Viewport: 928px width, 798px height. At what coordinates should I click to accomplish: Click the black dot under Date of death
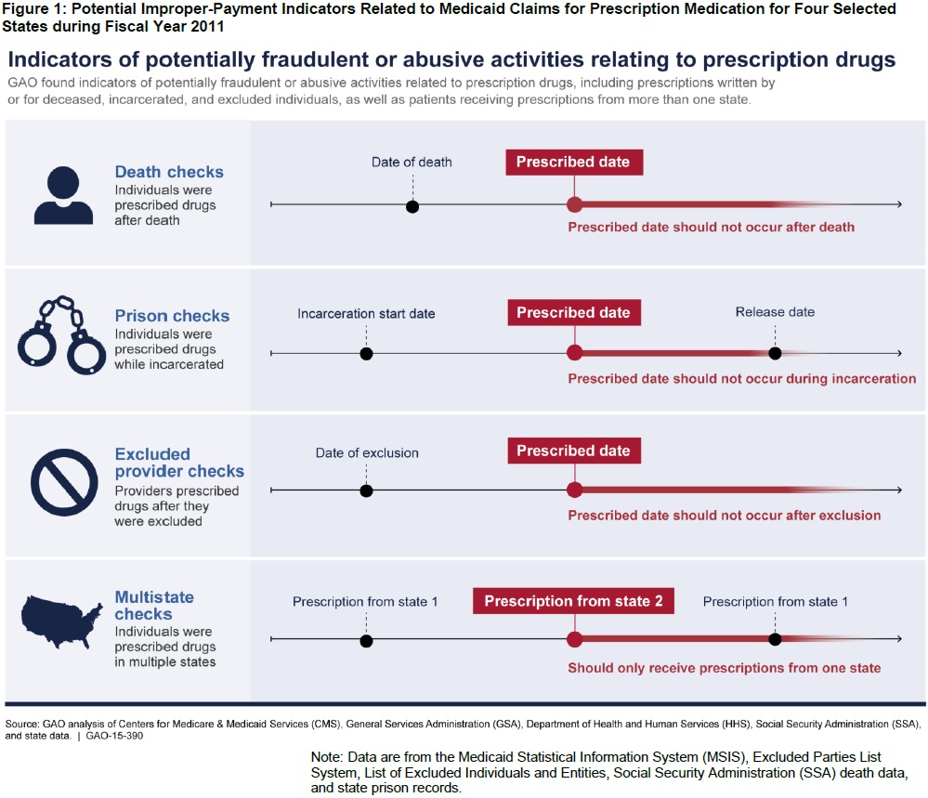point(412,205)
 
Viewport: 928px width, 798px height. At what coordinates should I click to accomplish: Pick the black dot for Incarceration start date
point(366,354)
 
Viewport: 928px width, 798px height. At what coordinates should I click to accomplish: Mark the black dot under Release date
point(775,354)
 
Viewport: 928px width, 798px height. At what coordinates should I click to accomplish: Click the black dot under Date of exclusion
point(366,491)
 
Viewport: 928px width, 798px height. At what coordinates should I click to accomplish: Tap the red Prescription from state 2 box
point(573,601)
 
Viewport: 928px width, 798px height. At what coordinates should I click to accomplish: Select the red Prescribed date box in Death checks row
point(573,162)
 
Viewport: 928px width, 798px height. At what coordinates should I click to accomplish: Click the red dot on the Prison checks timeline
point(574,354)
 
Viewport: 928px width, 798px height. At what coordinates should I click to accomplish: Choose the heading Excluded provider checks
point(179,463)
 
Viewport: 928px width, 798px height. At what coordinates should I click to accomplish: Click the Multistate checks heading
point(154,606)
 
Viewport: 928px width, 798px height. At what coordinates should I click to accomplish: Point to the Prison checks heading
point(172,316)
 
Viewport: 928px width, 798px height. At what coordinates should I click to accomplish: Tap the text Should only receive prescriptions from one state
point(724,668)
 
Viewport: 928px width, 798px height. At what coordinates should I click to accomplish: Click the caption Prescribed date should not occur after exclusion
point(724,516)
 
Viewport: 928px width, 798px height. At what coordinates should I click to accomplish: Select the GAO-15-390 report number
point(115,735)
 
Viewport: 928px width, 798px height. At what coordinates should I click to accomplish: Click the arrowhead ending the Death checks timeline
point(897,204)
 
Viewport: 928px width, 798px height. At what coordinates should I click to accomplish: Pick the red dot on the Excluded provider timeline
point(574,491)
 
